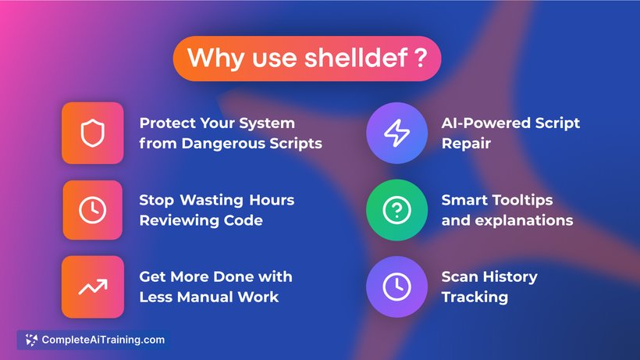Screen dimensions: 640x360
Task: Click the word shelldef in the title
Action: (x=356, y=58)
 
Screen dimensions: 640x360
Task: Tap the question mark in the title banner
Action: (x=421, y=58)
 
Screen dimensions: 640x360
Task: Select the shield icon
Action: (x=93, y=133)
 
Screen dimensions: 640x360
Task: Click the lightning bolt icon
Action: (x=396, y=133)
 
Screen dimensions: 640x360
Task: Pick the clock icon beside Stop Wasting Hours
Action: (x=93, y=210)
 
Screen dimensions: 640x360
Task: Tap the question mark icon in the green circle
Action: (x=396, y=210)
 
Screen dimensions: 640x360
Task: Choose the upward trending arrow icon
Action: (x=93, y=287)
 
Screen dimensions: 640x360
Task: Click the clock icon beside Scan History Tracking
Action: (x=396, y=287)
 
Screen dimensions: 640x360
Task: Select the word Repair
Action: (x=466, y=144)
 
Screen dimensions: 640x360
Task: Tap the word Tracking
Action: (x=475, y=298)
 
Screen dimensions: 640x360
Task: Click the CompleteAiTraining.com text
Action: (x=103, y=340)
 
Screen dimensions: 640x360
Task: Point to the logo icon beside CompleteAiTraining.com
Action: (x=31, y=340)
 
